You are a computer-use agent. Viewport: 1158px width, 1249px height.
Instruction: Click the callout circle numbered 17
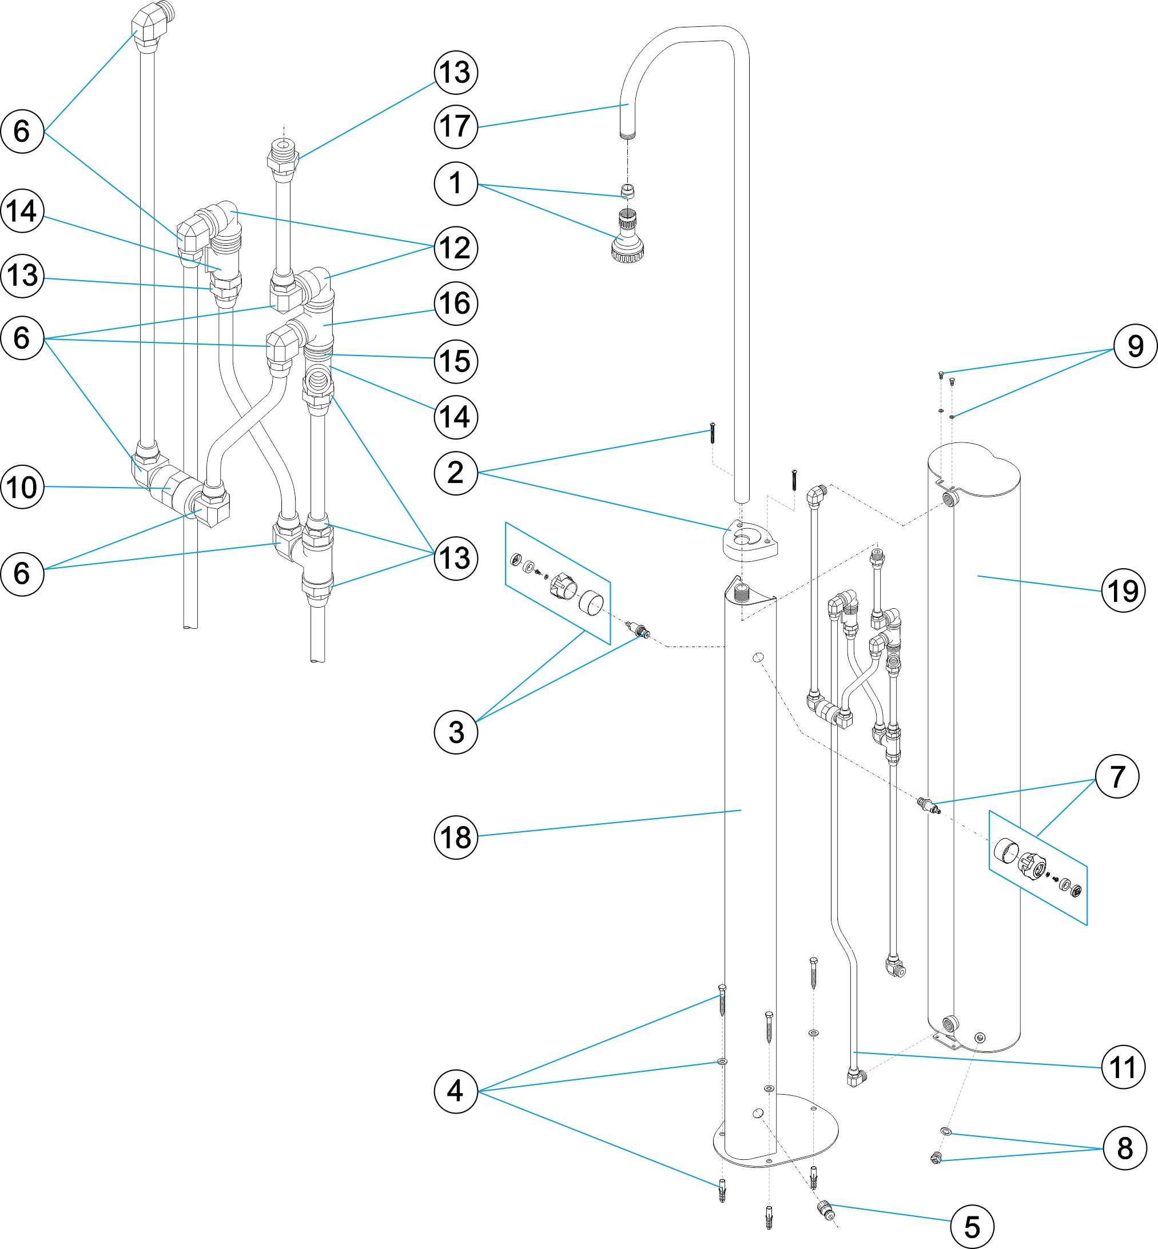pos(456,126)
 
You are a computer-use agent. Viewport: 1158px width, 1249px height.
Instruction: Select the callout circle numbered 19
pos(1123,590)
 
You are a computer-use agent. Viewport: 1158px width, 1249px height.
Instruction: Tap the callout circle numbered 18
pos(456,837)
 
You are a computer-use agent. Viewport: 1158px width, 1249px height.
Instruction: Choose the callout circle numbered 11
pos(1123,1067)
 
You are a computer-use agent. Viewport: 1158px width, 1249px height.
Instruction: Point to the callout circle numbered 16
pos(456,304)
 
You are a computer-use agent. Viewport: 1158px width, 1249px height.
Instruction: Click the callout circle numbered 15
pos(456,361)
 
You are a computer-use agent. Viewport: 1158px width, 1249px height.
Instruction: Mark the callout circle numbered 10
pos(22,486)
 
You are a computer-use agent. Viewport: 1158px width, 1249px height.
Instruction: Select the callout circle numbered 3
pos(456,732)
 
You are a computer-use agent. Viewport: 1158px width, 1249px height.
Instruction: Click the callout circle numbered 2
pos(456,473)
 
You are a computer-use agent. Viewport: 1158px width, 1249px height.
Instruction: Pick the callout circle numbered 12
pos(456,248)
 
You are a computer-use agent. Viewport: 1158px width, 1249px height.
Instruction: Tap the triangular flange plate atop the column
pos(750,540)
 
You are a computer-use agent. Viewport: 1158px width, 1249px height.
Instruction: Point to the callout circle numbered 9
pos(1135,346)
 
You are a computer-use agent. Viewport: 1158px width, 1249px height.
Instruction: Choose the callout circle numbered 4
pos(456,1091)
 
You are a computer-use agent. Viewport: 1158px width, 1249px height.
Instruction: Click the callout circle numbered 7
pos(1117,776)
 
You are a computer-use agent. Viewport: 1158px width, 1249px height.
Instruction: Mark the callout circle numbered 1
pos(456,183)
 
